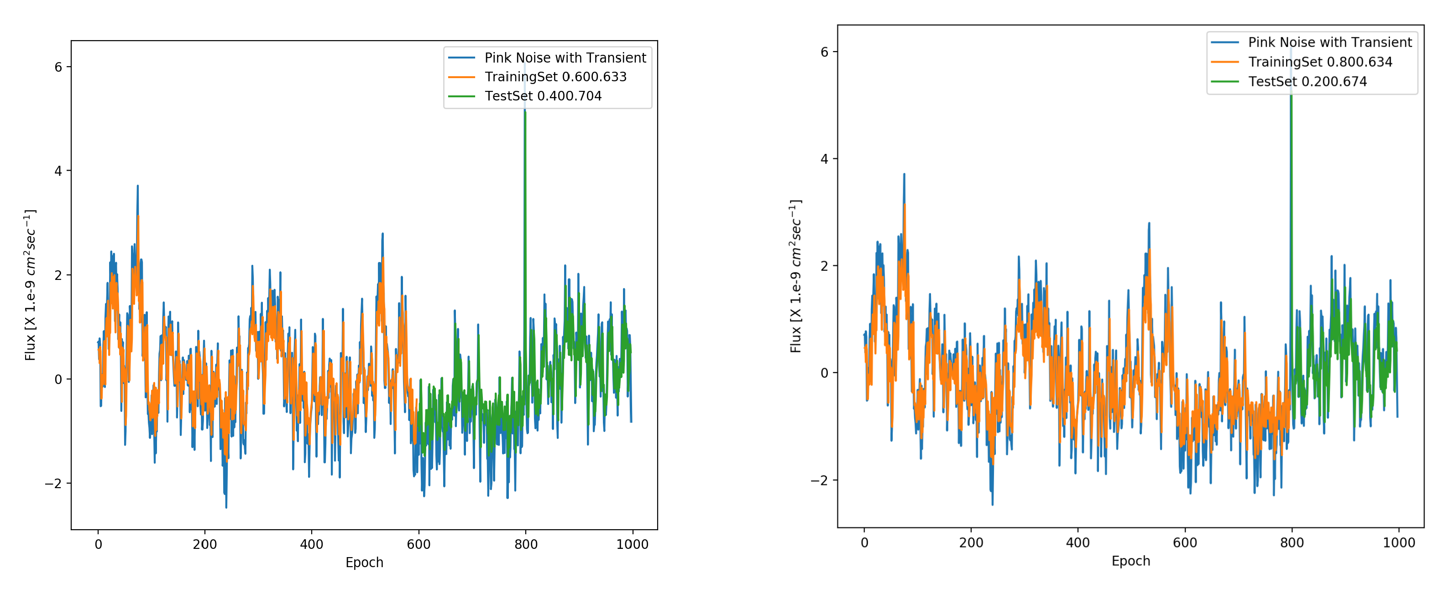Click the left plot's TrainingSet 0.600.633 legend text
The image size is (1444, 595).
[555, 77]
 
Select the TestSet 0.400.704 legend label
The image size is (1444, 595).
[543, 96]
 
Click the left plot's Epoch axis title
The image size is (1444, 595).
[364, 562]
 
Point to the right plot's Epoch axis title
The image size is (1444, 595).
[1130, 561]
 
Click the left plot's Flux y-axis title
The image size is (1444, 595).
[30, 285]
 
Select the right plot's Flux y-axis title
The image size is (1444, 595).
[795, 276]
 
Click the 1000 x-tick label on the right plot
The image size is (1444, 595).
[1399, 542]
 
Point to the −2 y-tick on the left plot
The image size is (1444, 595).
[53, 484]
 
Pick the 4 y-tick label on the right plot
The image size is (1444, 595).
[824, 159]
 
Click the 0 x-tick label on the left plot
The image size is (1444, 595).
[98, 544]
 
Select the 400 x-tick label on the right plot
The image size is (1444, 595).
[1078, 542]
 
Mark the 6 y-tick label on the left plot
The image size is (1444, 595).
[58, 67]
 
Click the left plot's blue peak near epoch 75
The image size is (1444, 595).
[137, 186]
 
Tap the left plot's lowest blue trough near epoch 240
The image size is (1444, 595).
[226, 507]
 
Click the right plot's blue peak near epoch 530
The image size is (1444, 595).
[1149, 223]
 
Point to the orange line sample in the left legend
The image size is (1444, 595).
[461, 77]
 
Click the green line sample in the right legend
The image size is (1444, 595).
[1224, 81]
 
